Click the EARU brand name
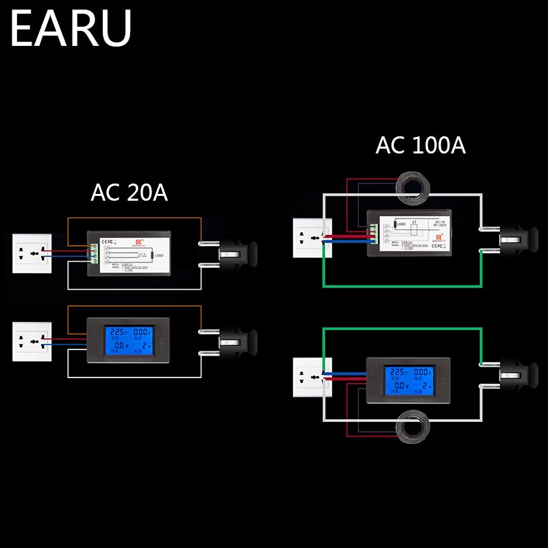click(71, 28)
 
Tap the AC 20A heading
click(129, 192)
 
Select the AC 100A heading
click(420, 145)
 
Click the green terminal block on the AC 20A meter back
click(91, 253)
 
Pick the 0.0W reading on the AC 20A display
click(113, 347)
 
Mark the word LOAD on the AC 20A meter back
click(159, 256)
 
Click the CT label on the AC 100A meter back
click(413, 223)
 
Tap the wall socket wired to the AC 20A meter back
click(32, 253)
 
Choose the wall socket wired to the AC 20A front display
click(32, 341)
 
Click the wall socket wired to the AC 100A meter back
click(312, 238)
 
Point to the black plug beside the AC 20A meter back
click(233, 253)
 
